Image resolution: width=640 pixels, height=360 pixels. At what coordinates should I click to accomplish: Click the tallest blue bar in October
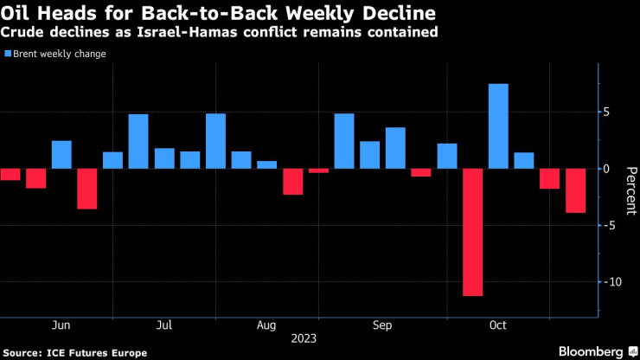point(498,125)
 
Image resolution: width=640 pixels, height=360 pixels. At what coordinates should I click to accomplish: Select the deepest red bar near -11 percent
point(472,232)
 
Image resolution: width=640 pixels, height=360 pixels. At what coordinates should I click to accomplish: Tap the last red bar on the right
point(575,190)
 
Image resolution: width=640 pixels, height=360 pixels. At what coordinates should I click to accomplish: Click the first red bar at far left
point(10,174)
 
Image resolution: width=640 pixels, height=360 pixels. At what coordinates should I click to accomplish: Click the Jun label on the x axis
point(61,325)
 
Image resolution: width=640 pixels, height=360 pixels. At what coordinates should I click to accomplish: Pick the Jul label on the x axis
point(164,325)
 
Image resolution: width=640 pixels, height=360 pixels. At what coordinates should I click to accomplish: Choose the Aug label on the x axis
point(266,325)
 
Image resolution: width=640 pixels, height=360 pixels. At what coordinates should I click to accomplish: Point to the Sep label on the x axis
point(382,325)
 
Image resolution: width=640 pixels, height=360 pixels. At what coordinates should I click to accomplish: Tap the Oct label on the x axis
point(497,325)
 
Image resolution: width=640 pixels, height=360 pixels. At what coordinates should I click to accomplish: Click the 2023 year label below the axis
point(304,338)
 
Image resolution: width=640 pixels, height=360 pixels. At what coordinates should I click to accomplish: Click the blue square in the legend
point(8,54)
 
